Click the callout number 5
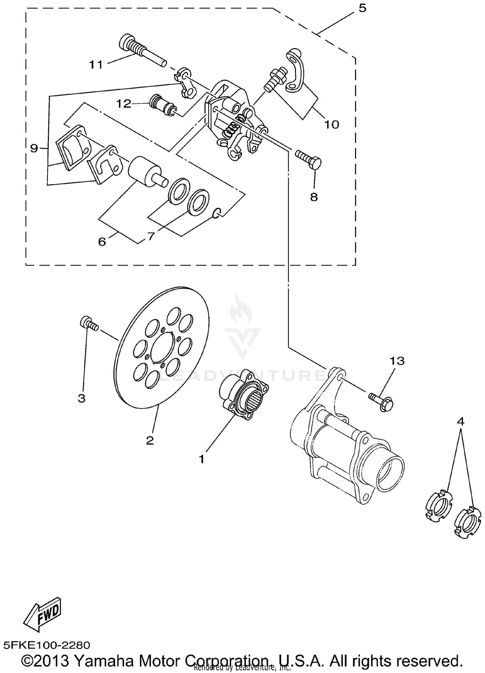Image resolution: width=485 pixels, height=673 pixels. (362, 8)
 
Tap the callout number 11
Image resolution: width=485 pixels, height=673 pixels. (96, 65)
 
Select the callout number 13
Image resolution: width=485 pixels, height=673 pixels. (397, 361)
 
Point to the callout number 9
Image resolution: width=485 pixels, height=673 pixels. (34, 148)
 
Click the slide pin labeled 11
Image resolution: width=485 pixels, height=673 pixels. (142, 50)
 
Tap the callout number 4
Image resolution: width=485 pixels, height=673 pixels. (460, 421)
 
